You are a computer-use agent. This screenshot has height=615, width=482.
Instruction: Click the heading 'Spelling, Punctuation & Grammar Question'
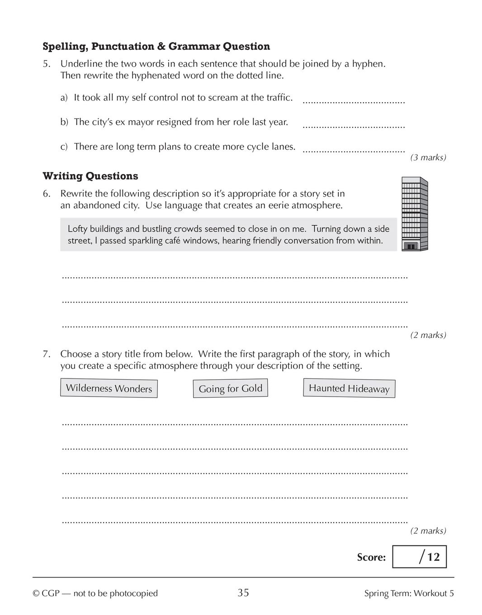click(156, 46)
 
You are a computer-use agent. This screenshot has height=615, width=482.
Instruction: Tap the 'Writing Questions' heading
click(90, 176)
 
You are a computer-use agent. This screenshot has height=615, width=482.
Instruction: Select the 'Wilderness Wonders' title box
click(109, 388)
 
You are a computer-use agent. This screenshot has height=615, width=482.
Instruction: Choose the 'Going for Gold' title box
click(230, 388)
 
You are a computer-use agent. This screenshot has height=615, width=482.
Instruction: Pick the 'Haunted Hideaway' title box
click(349, 388)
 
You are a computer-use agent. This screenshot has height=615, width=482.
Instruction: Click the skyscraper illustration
click(414, 214)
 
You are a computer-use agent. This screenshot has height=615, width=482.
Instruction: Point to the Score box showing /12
click(419, 557)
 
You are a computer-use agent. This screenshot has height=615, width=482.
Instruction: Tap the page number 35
click(243, 593)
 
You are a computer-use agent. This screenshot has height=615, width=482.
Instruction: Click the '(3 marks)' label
click(428, 157)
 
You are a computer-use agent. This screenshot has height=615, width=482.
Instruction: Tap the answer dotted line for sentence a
click(353, 103)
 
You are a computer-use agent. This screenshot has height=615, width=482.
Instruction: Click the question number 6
click(47, 194)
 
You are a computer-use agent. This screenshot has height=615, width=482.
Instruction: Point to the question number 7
click(47, 354)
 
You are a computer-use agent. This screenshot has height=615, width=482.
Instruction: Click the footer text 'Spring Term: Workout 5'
click(409, 593)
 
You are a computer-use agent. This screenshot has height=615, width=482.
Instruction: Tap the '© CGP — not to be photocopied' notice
click(95, 593)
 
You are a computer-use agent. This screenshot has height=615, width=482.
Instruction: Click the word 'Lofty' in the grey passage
click(77, 229)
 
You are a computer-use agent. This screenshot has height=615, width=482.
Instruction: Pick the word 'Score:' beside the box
click(371, 557)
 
